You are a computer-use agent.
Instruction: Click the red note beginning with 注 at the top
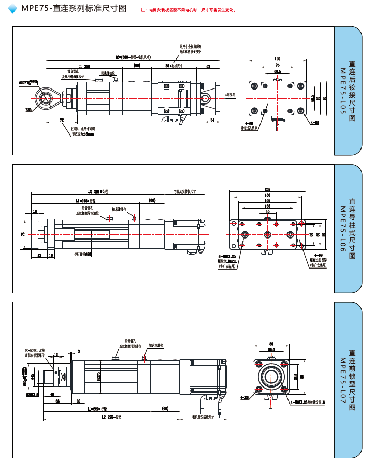pyautogui.click(x=189, y=10)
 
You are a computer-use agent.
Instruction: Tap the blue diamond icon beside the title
pyautogui.click(x=13, y=9)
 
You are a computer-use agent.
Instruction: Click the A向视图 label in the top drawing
pyautogui.click(x=230, y=95)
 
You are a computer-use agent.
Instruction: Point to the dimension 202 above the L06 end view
pyautogui.click(x=267, y=189)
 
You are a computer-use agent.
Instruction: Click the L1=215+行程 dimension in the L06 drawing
pyautogui.click(x=85, y=200)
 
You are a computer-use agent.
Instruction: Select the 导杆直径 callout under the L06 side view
pyautogui.click(x=82, y=254)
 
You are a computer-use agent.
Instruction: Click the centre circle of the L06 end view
pyautogui.click(x=267, y=235)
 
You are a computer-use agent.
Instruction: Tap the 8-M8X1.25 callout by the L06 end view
pyautogui.click(x=227, y=256)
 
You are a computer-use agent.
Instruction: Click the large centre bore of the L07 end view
pyautogui.click(x=271, y=376)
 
